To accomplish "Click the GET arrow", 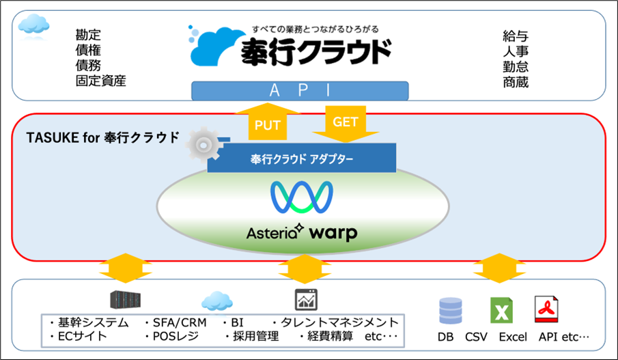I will (346, 120).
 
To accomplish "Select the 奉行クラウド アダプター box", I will (302, 159).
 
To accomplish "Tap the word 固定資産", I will (101, 81).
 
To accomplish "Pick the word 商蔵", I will (516, 82).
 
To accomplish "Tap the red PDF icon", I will (546, 311).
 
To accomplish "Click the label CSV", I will (476, 337).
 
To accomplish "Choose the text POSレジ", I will (170, 337).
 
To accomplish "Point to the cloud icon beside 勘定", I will (33, 25).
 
